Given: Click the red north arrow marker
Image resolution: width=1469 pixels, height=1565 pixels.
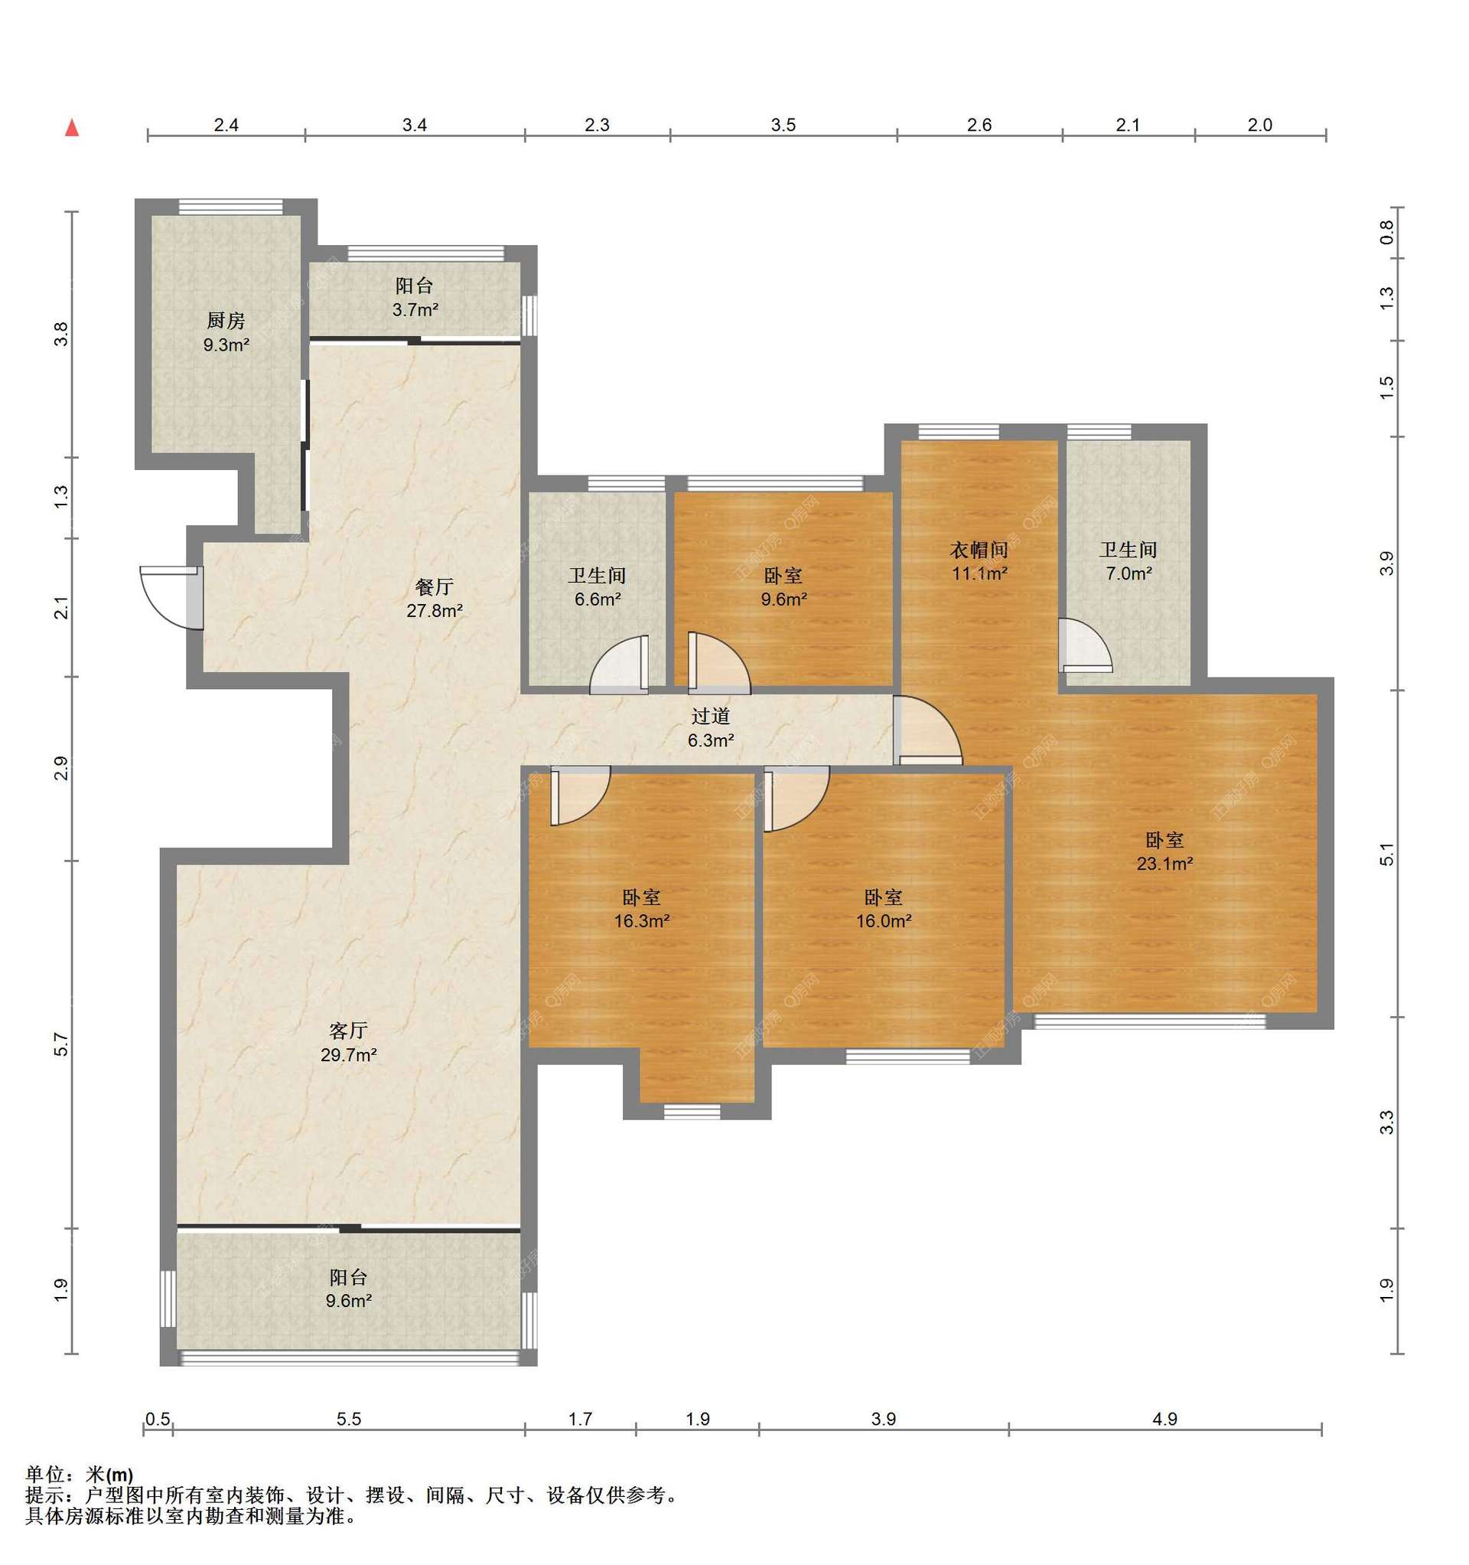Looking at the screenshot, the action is point(72,128).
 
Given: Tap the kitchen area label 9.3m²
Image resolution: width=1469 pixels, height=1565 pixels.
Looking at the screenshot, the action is point(226,333).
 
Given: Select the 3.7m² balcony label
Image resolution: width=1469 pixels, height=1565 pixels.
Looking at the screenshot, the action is point(415,298).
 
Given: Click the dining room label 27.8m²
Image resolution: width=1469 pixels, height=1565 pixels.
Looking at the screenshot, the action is point(435,598).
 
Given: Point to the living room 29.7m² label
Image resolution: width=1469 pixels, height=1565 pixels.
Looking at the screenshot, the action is point(349,1042).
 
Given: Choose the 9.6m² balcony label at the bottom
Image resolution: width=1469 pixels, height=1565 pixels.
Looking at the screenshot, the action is point(349,1289).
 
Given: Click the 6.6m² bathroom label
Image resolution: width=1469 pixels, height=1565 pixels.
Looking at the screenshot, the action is point(598,587).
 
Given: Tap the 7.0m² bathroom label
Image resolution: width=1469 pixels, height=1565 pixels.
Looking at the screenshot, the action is point(1129,561).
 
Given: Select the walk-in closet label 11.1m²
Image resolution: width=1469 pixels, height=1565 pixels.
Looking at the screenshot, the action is point(979,561).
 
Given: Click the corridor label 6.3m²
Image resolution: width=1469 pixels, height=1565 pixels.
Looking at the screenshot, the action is point(711,728).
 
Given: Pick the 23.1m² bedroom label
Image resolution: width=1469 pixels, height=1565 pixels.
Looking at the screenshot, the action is point(1164,851).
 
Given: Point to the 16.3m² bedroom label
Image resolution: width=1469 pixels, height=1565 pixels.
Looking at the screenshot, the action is point(641,909).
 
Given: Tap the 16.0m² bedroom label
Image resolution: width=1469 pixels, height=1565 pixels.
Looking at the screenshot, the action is point(884,909).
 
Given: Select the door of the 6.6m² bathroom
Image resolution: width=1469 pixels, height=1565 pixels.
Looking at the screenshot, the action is point(619,665).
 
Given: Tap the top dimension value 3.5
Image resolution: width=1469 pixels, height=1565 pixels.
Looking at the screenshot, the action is point(783,124).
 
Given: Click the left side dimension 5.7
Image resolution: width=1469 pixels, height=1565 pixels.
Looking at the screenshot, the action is point(61,1045).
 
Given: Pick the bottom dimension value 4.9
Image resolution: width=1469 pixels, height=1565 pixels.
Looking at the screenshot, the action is point(1164,1419).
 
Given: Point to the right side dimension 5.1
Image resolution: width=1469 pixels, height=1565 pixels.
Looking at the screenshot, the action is point(1386,854).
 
